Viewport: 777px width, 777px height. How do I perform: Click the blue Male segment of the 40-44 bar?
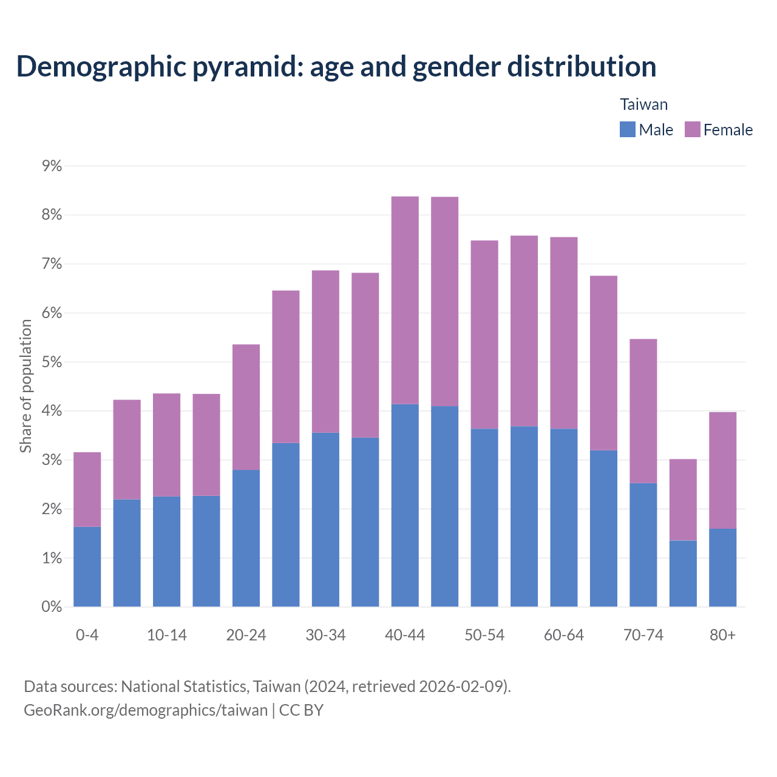tap(405, 505)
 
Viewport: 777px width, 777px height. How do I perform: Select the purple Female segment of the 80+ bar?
tap(722, 470)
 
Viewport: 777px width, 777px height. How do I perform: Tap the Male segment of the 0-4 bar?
tap(87, 566)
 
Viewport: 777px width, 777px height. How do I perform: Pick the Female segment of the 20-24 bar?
tap(246, 407)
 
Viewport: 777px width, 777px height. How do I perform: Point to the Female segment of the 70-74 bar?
tap(643, 411)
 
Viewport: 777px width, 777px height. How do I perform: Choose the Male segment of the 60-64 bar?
tap(563, 518)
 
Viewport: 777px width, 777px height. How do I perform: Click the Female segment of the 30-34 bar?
tap(325, 351)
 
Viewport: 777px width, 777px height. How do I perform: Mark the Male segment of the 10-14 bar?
tap(166, 551)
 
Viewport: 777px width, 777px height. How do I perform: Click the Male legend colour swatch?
tap(627, 129)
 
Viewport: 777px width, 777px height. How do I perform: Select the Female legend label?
tap(728, 130)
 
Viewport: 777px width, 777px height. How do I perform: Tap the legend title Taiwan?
tap(643, 104)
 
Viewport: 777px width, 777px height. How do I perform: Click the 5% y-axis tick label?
tap(52, 362)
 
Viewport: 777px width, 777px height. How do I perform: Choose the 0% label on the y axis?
tap(52, 606)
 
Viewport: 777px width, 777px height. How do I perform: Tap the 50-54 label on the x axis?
tap(484, 635)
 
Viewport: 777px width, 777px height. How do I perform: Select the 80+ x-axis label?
tap(722, 635)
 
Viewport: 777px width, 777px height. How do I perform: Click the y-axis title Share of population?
tap(26, 386)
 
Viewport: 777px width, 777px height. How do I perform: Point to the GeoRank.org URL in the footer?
tap(146, 710)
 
